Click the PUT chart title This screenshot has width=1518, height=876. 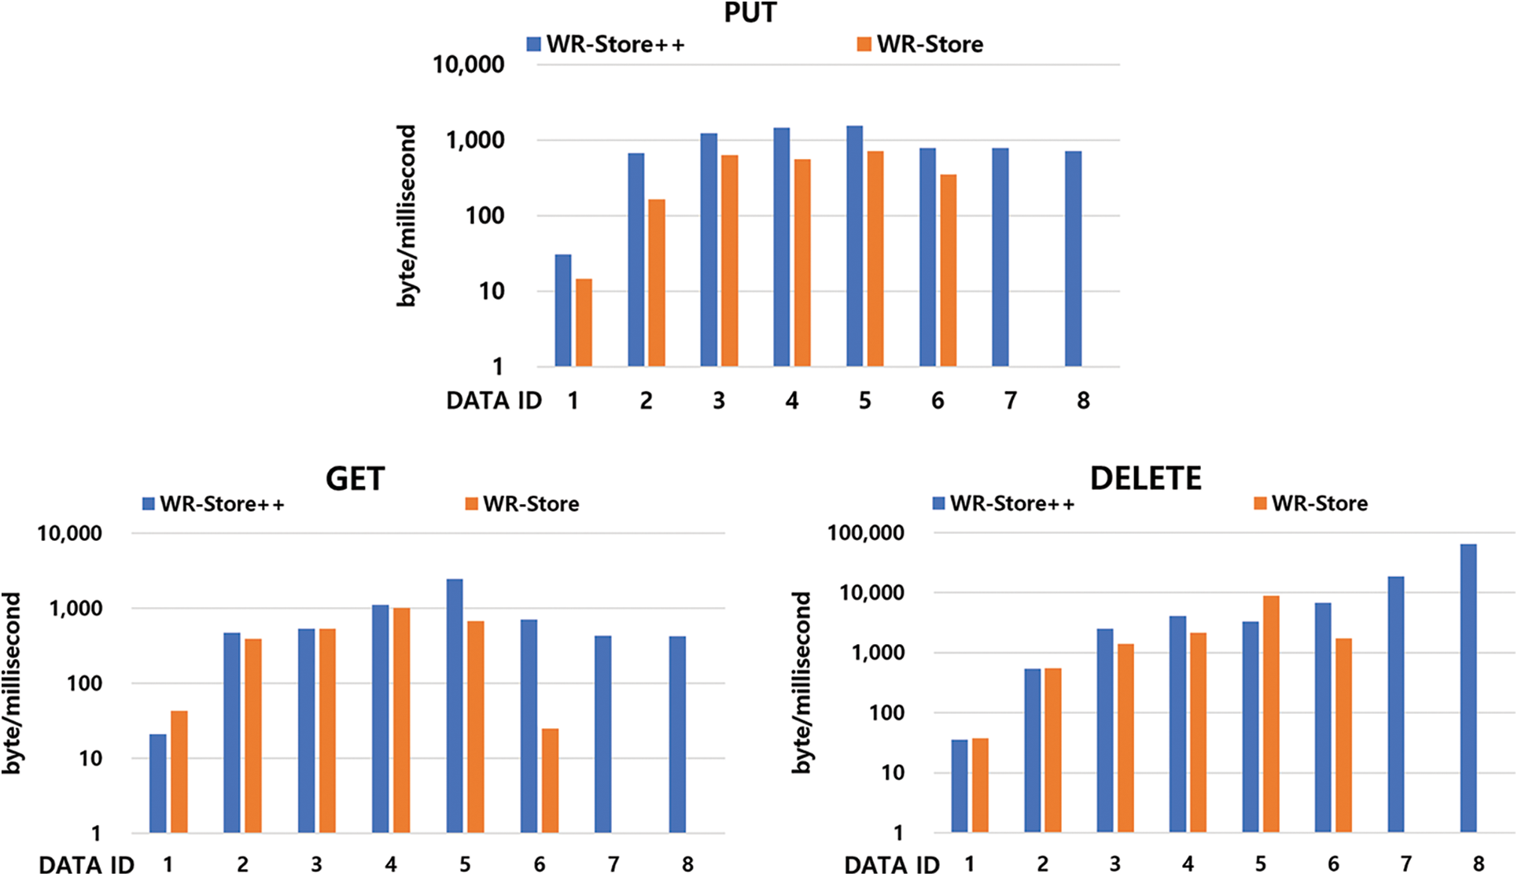[750, 13]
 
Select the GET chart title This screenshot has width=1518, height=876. [355, 478]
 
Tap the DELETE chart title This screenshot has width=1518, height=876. [1145, 477]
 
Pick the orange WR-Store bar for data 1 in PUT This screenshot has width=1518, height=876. [584, 322]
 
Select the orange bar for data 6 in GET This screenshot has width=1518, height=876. [550, 780]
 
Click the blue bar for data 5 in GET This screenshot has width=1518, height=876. [455, 705]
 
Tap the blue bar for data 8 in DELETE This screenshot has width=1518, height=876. [1468, 687]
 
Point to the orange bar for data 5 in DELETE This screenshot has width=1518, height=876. [1271, 713]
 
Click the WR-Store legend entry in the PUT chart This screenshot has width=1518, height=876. [920, 44]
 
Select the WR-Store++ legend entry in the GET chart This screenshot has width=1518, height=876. [214, 504]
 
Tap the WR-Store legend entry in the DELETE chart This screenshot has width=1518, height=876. [1311, 503]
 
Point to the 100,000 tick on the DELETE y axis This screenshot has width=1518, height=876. [865, 533]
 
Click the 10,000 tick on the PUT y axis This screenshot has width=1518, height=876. [468, 64]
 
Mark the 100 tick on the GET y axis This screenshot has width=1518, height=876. [84, 683]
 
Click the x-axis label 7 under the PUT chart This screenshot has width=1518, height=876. [1010, 401]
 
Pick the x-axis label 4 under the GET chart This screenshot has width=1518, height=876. [391, 864]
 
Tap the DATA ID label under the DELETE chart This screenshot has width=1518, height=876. [891, 864]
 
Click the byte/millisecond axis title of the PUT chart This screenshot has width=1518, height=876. [406, 215]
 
